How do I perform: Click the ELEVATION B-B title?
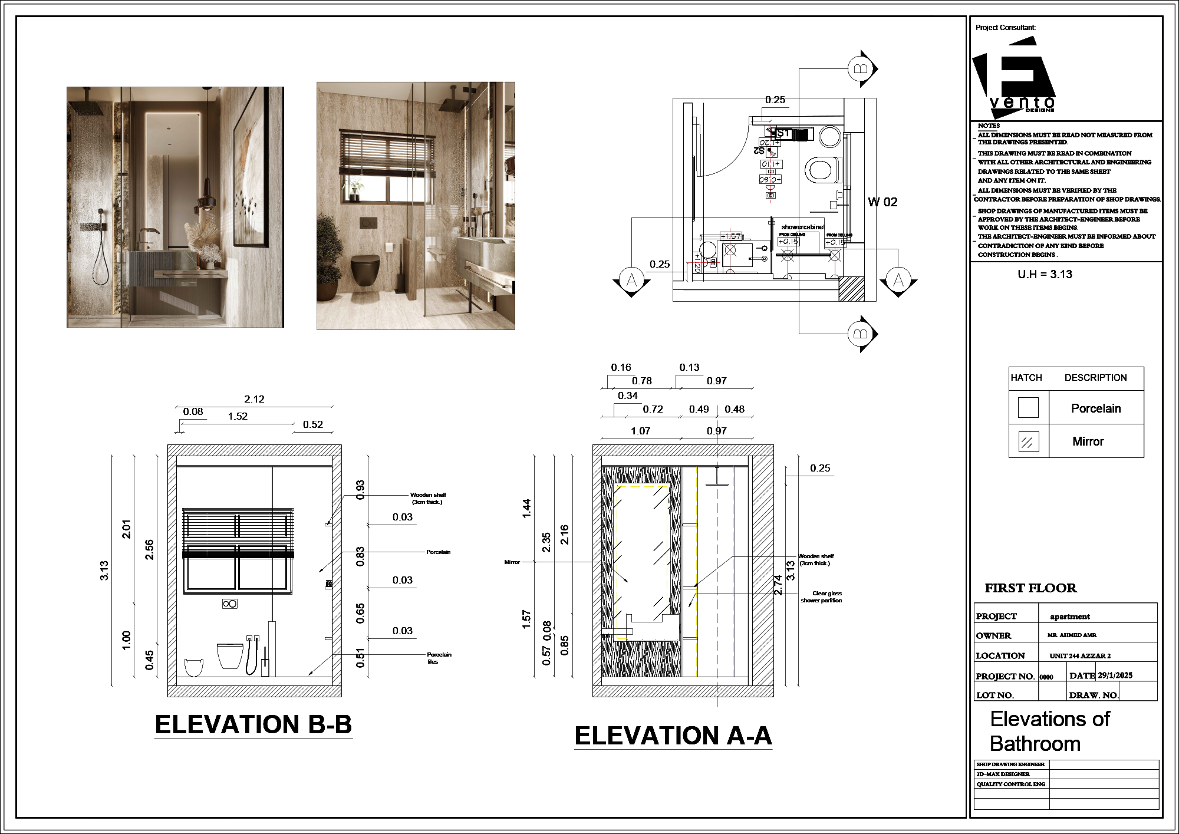point(253,724)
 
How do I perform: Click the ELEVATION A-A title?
point(673,736)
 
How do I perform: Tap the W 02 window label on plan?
point(882,202)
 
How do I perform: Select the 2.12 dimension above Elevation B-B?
point(254,399)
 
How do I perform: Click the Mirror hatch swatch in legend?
point(1028,441)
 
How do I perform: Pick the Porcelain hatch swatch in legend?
point(1028,407)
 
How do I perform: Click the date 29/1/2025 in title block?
point(1115,675)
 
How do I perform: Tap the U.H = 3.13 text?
point(1045,274)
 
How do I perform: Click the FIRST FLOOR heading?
point(1030,588)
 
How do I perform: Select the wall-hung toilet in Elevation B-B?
point(230,655)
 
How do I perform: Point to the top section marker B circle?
point(860,69)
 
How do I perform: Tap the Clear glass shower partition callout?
point(821,597)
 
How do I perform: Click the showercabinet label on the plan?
point(803,227)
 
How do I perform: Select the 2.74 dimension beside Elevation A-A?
point(778,585)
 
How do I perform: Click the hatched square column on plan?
point(851,289)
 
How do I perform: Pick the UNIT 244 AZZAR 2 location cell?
point(1080,655)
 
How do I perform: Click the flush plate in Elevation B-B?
point(229,604)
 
